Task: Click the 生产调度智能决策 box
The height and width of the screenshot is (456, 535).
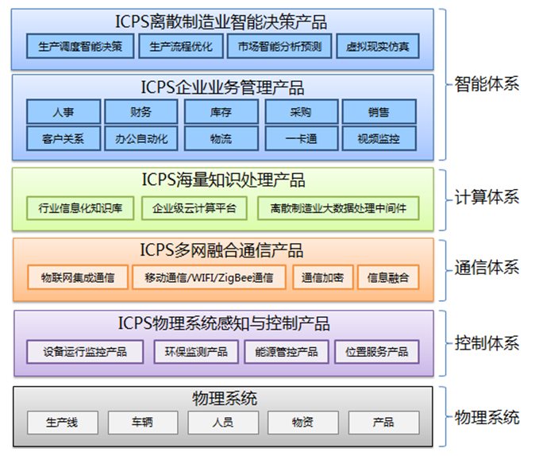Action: point(79,46)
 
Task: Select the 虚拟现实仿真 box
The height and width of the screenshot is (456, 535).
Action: point(378,46)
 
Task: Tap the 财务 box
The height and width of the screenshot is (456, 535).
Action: point(142,112)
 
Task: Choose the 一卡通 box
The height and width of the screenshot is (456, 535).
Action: point(301,139)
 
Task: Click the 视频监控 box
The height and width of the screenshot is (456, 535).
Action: point(379,139)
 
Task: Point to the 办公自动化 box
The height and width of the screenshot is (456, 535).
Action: point(142,139)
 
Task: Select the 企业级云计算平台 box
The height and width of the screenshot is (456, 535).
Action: point(194,209)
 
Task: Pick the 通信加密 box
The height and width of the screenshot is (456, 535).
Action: point(322,277)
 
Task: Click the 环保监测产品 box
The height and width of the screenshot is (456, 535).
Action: point(196,351)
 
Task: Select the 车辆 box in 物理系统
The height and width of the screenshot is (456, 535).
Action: point(142,422)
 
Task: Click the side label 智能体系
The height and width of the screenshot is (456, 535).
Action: point(487,83)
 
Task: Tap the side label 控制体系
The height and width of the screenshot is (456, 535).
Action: point(487,343)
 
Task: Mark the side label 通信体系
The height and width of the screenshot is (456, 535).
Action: point(487,268)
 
